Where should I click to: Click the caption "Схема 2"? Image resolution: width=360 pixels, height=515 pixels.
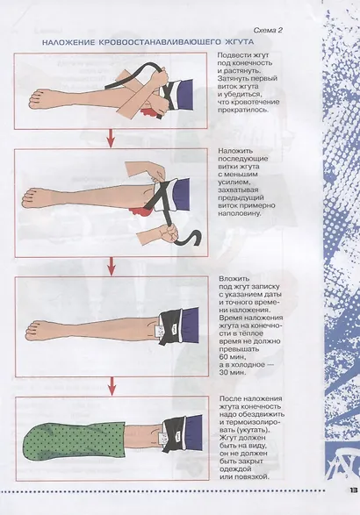[268, 31]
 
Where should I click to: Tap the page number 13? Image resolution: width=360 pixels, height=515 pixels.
[354, 490]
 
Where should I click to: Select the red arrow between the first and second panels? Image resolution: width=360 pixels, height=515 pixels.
[111, 139]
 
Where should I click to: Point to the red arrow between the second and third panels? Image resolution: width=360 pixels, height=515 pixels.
[112, 267]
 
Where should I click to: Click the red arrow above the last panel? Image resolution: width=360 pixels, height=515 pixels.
[112, 386]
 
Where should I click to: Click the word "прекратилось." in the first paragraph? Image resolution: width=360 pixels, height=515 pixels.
[243, 110]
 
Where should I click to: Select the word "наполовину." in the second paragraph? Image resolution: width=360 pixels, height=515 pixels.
[240, 213]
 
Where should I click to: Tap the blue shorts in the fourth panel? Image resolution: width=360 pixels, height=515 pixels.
[192, 433]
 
